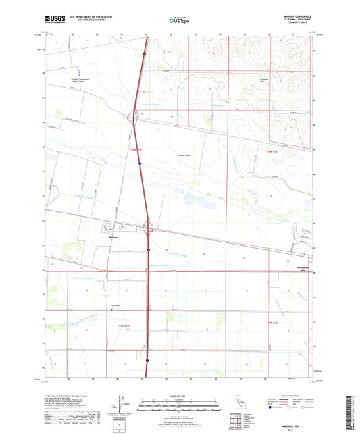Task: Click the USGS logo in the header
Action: click(x=55, y=20)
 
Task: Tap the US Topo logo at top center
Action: click(x=178, y=21)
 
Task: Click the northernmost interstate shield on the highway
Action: click(x=145, y=48)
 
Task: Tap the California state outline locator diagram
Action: click(x=241, y=405)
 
